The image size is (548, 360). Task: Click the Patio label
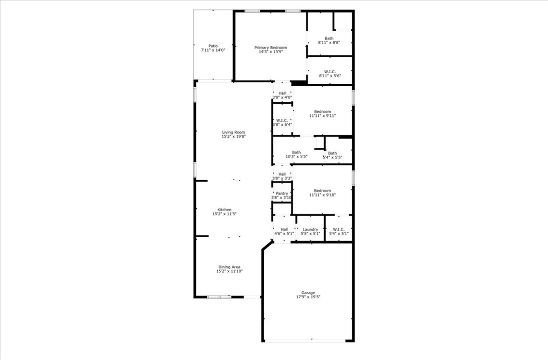(213, 46)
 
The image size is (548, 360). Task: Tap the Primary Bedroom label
(270, 48)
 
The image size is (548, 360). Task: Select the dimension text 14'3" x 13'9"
(270, 52)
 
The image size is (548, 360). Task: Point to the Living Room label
(234, 132)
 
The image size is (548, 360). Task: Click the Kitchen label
(224, 210)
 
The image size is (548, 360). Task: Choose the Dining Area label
(229, 267)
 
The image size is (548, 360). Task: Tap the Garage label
(308, 293)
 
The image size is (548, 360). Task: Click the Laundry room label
(311, 230)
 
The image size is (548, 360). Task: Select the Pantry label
(282, 194)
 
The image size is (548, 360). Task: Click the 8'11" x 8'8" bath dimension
(329, 42)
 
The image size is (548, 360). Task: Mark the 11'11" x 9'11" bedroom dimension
(322, 115)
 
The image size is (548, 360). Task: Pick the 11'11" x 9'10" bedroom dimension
(322, 195)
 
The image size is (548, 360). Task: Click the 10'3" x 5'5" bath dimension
(297, 157)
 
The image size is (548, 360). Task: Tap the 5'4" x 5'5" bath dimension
(333, 157)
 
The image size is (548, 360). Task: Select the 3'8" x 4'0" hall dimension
(283, 97)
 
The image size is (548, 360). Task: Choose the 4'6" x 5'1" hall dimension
(284, 234)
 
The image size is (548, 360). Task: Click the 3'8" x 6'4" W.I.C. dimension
(282, 124)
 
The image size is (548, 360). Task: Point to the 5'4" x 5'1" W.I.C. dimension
(339, 234)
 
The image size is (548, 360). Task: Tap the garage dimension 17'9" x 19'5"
(308, 297)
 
